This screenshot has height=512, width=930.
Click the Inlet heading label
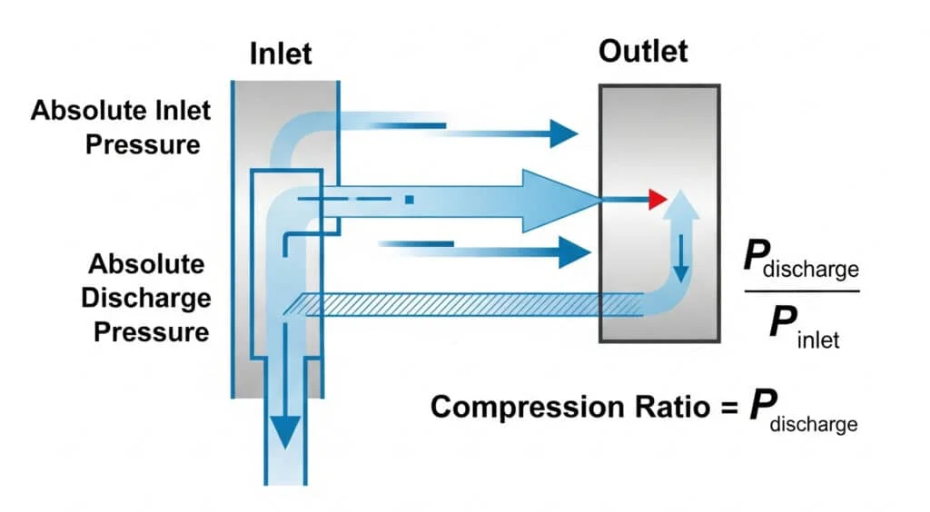click(x=281, y=54)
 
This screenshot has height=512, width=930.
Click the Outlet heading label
click(x=643, y=52)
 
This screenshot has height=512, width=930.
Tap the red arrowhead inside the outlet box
click(x=658, y=198)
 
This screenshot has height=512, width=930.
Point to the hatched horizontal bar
click(x=454, y=304)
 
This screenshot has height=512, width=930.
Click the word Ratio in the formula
click(x=662, y=407)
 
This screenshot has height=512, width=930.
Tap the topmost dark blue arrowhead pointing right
click(x=563, y=133)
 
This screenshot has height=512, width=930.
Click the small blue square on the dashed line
click(x=411, y=199)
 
